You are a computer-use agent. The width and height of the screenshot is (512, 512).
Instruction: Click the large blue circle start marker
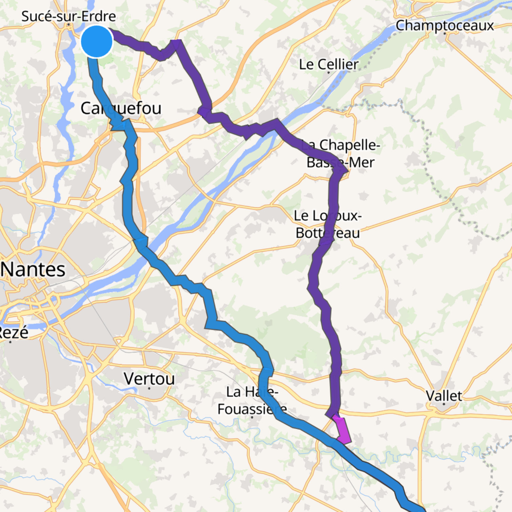(97, 41)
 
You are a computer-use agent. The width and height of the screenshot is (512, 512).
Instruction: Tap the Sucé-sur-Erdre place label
(68, 16)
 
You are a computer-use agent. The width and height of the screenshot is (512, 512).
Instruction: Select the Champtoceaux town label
(445, 25)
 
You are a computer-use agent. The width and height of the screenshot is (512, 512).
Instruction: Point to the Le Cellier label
(328, 64)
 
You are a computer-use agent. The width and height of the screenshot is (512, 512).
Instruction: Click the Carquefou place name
(121, 108)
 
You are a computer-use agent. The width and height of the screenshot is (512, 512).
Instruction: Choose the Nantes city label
(33, 270)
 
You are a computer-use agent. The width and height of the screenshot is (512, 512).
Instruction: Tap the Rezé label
(14, 332)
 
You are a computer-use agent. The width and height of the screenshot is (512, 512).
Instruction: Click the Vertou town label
(149, 379)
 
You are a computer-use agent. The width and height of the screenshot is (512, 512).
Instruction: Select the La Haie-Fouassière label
(252, 400)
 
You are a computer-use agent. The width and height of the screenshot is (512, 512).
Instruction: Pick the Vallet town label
(444, 396)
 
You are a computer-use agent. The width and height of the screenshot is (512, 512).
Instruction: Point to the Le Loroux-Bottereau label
(327, 224)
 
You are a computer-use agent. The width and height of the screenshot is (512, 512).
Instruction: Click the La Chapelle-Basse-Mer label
(341, 153)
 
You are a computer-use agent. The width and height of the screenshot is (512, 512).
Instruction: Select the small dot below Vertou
(149, 388)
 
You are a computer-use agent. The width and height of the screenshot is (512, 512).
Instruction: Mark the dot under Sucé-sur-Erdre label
(69, 25)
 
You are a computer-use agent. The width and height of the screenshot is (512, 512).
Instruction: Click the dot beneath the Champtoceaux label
(445, 34)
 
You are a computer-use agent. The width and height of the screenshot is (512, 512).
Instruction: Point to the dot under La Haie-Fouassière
(252, 417)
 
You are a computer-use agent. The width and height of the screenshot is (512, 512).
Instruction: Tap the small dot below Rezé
(10, 342)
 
